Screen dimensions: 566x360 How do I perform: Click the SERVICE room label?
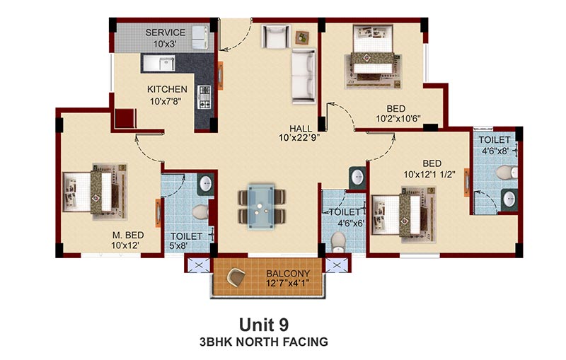pyautogui.click(x=166, y=33)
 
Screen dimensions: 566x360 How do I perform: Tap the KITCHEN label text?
pyautogui.click(x=167, y=89)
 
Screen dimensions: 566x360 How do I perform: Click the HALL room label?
pyautogui.click(x=301, y=129)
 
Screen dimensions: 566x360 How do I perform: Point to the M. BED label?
pyautogui.click(x=128, y=236)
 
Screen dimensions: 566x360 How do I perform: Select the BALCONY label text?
pyautogui.click(x=288, y=274)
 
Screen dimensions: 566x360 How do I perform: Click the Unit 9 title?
pyautogui.click(x=264, y=325)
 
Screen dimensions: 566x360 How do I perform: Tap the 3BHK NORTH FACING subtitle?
pyautogui.click(x=264, y=342)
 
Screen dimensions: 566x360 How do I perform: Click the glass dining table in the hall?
pyautogui.click(x=261, y=207)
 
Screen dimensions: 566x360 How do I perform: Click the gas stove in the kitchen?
pyautogui.click(x=204, y=97)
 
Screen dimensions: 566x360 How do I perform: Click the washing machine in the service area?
pyautogui.click(x=199, y=37)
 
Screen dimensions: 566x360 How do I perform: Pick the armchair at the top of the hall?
pyautogui.click(x=275, y=36)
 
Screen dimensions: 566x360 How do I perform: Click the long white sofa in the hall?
pyautogui.click(x=304, y=76)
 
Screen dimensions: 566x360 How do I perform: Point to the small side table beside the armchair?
pyautogui.click(x=303, y=37)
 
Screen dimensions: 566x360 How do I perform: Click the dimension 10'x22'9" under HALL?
pyautogui.click(x=299, y=138)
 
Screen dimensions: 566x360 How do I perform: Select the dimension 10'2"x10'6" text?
pyautogui.click(x=398, y=118)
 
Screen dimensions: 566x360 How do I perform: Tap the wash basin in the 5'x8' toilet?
pyautogui.click(x=206, y=183)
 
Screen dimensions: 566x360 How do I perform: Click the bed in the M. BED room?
pyautogui.click(x=95, y=192)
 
